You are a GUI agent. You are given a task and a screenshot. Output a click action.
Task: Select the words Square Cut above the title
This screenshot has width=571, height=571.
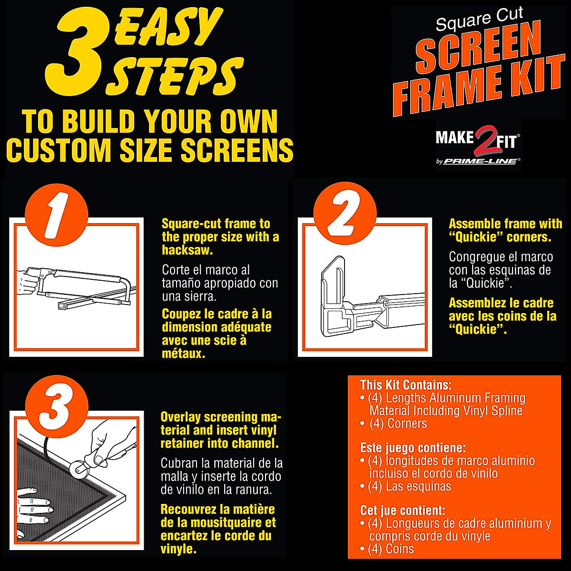[x=479, y=19]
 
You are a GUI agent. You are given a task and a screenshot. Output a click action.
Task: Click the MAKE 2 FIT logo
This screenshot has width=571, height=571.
[x=478, y=139]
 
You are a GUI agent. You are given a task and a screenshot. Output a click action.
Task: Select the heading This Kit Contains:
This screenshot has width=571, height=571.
[x=405, y=384]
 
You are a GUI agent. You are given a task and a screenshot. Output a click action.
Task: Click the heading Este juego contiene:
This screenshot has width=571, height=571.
[x=413, y=448]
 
